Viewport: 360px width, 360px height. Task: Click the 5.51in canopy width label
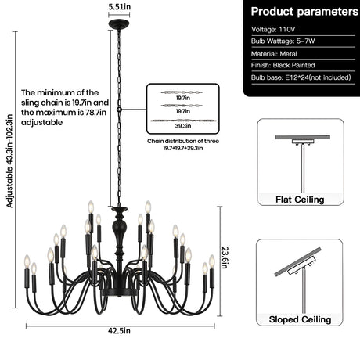click(119, 7)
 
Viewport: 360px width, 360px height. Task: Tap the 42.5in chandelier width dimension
click(119, 331)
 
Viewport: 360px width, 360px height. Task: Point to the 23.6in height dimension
click(225, 257)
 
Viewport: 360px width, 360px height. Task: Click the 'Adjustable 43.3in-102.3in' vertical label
click(9, 161)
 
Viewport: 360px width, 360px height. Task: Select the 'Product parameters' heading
click(304, 12)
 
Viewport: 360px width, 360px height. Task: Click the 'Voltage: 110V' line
click(273, 29)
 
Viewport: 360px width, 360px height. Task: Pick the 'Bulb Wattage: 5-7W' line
click(283, 41)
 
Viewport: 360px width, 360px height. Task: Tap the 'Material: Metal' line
click(274, 54)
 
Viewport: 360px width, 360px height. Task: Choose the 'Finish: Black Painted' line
click(283, 65)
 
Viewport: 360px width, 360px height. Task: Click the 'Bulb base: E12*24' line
click(301, 77)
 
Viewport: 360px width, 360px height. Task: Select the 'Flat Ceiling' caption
click(300, 200)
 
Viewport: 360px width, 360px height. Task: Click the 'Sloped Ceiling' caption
click(300, 319)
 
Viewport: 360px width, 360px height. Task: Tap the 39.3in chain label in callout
click(183, 126)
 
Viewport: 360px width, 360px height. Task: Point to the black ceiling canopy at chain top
click(119, 24)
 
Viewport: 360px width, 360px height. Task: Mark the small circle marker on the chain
click(119, 110)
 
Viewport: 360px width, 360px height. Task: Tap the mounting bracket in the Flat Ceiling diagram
click(303, 142)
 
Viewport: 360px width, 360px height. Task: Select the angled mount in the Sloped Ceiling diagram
click(302, 266)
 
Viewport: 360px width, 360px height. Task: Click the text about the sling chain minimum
click(65, 107)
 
